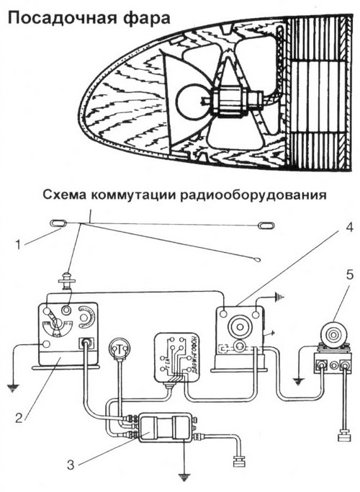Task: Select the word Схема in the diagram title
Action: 68,196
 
